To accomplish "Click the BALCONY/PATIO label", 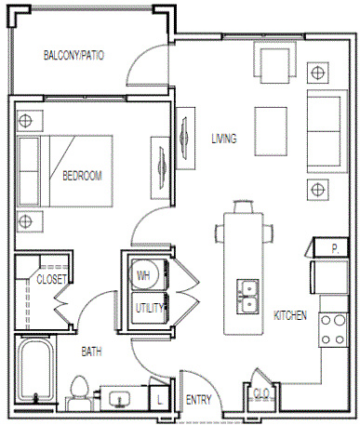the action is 73,55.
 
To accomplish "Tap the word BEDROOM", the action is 82,176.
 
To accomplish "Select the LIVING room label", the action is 224,139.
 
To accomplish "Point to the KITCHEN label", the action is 290,315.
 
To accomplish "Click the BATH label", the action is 91,352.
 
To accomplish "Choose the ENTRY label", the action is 198,400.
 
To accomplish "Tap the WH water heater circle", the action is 143,274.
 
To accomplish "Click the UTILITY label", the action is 150,308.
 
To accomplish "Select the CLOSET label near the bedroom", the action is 51,279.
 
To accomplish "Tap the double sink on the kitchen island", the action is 247,297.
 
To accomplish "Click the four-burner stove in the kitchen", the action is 333,330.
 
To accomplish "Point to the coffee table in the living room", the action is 271,131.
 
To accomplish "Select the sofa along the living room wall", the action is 327,131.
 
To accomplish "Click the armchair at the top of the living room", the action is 274,62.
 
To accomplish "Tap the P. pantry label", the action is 335,248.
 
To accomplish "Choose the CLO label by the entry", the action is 261,393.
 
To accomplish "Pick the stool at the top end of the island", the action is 243,206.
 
